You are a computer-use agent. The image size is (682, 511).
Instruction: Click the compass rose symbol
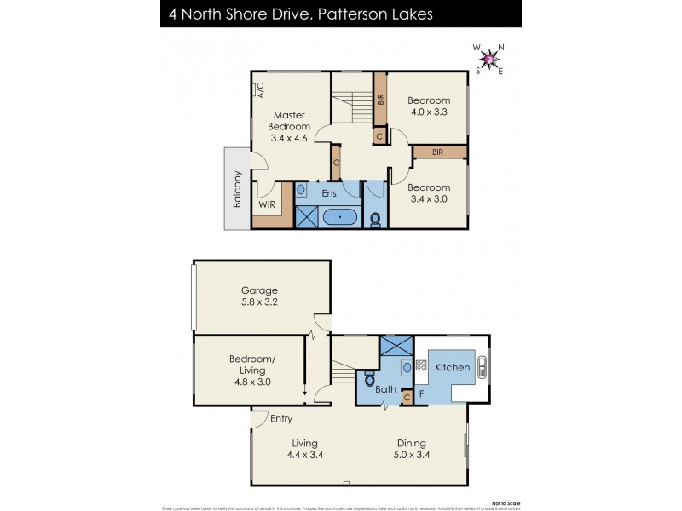489,59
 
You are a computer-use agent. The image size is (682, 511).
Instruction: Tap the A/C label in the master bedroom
261,90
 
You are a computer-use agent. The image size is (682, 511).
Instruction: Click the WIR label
266,204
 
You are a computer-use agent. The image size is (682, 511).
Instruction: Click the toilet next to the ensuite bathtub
375,218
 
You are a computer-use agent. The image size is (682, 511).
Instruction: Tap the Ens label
329,193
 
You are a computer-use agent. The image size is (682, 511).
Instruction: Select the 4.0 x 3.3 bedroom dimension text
428,111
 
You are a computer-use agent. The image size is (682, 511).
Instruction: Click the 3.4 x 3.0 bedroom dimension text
428,199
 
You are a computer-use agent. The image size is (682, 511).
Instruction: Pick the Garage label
259,290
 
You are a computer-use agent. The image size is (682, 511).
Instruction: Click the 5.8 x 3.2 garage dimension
259,302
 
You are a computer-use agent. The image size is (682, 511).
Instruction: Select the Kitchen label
453,367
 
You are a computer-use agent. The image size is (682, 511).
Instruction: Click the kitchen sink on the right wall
482,367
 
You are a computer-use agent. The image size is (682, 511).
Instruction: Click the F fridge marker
421,394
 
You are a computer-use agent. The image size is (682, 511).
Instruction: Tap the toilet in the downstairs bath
370,378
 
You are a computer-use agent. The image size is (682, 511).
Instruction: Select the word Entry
281,418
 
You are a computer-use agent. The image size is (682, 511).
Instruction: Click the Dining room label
411,443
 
